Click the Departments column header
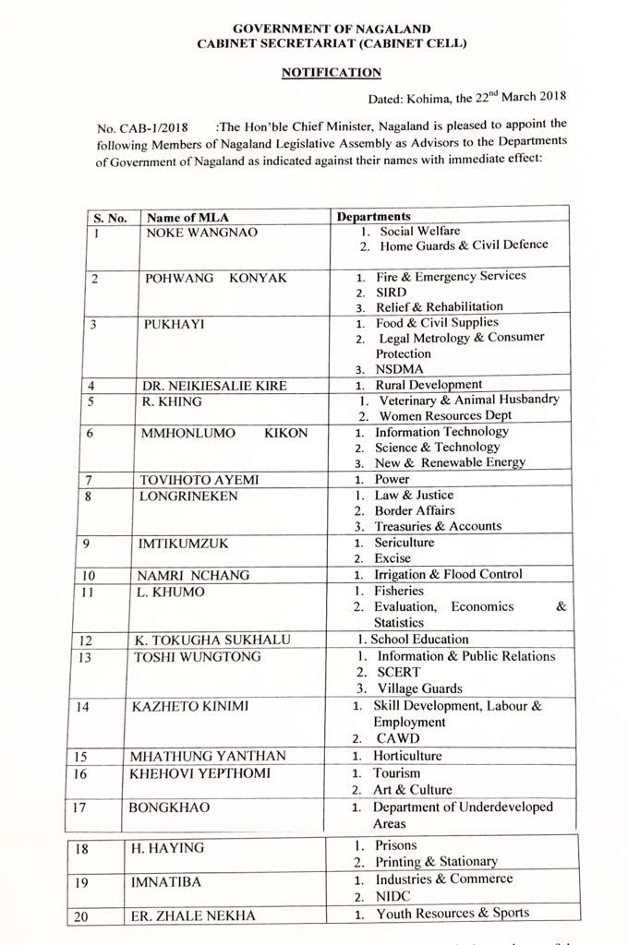(x=374, y=217)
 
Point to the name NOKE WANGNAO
(x=202, y=233)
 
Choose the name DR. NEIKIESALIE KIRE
(x=215, y=386)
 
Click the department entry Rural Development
(x=429, y=385)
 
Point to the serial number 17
(x=81, y=807)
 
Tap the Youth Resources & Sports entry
(x=452, y=914)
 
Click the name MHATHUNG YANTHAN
(x=208, y=756)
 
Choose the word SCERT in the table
(x=400, y=673)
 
